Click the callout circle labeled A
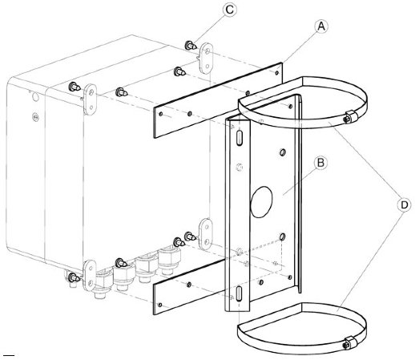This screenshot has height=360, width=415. pyautogui.click(x=321, y=26)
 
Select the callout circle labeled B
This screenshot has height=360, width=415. pyautogui.click(x=320, y=163)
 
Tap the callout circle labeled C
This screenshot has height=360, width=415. pyautogui.click(x=230, y=10)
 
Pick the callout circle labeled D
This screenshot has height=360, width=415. pyautogui.click(x=405, y=205)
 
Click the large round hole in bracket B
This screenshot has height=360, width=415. pyautogui.click(x=261, y=202)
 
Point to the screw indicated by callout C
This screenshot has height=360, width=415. pyautogui.click(x=191, y=46)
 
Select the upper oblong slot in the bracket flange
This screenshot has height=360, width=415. pyautogui.click(x=240, y=137)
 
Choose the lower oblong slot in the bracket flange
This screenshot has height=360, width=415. pyautogui.click(x=240, y=293)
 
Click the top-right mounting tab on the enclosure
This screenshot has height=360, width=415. pyautogui.click(x=207, y=58)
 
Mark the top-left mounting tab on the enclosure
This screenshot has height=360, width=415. pyautogui.click(x=91, y=99)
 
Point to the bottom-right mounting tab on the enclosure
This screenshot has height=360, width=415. pyautogui.click(x=206, y=234)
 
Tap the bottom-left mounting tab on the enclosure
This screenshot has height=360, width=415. pyautogui.click(x=91, y=275)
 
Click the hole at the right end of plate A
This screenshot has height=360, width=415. pyautogui.click(x=277, y=72)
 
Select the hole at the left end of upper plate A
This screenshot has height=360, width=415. pyautogui.click(x=160, y=114)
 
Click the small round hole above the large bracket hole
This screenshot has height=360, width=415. pyautogui.click(x=282, y=152)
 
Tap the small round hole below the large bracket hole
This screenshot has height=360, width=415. pyautogui.click(x=282, y=237)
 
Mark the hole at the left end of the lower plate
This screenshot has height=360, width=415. pyautogui.click(x=160, y=305)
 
